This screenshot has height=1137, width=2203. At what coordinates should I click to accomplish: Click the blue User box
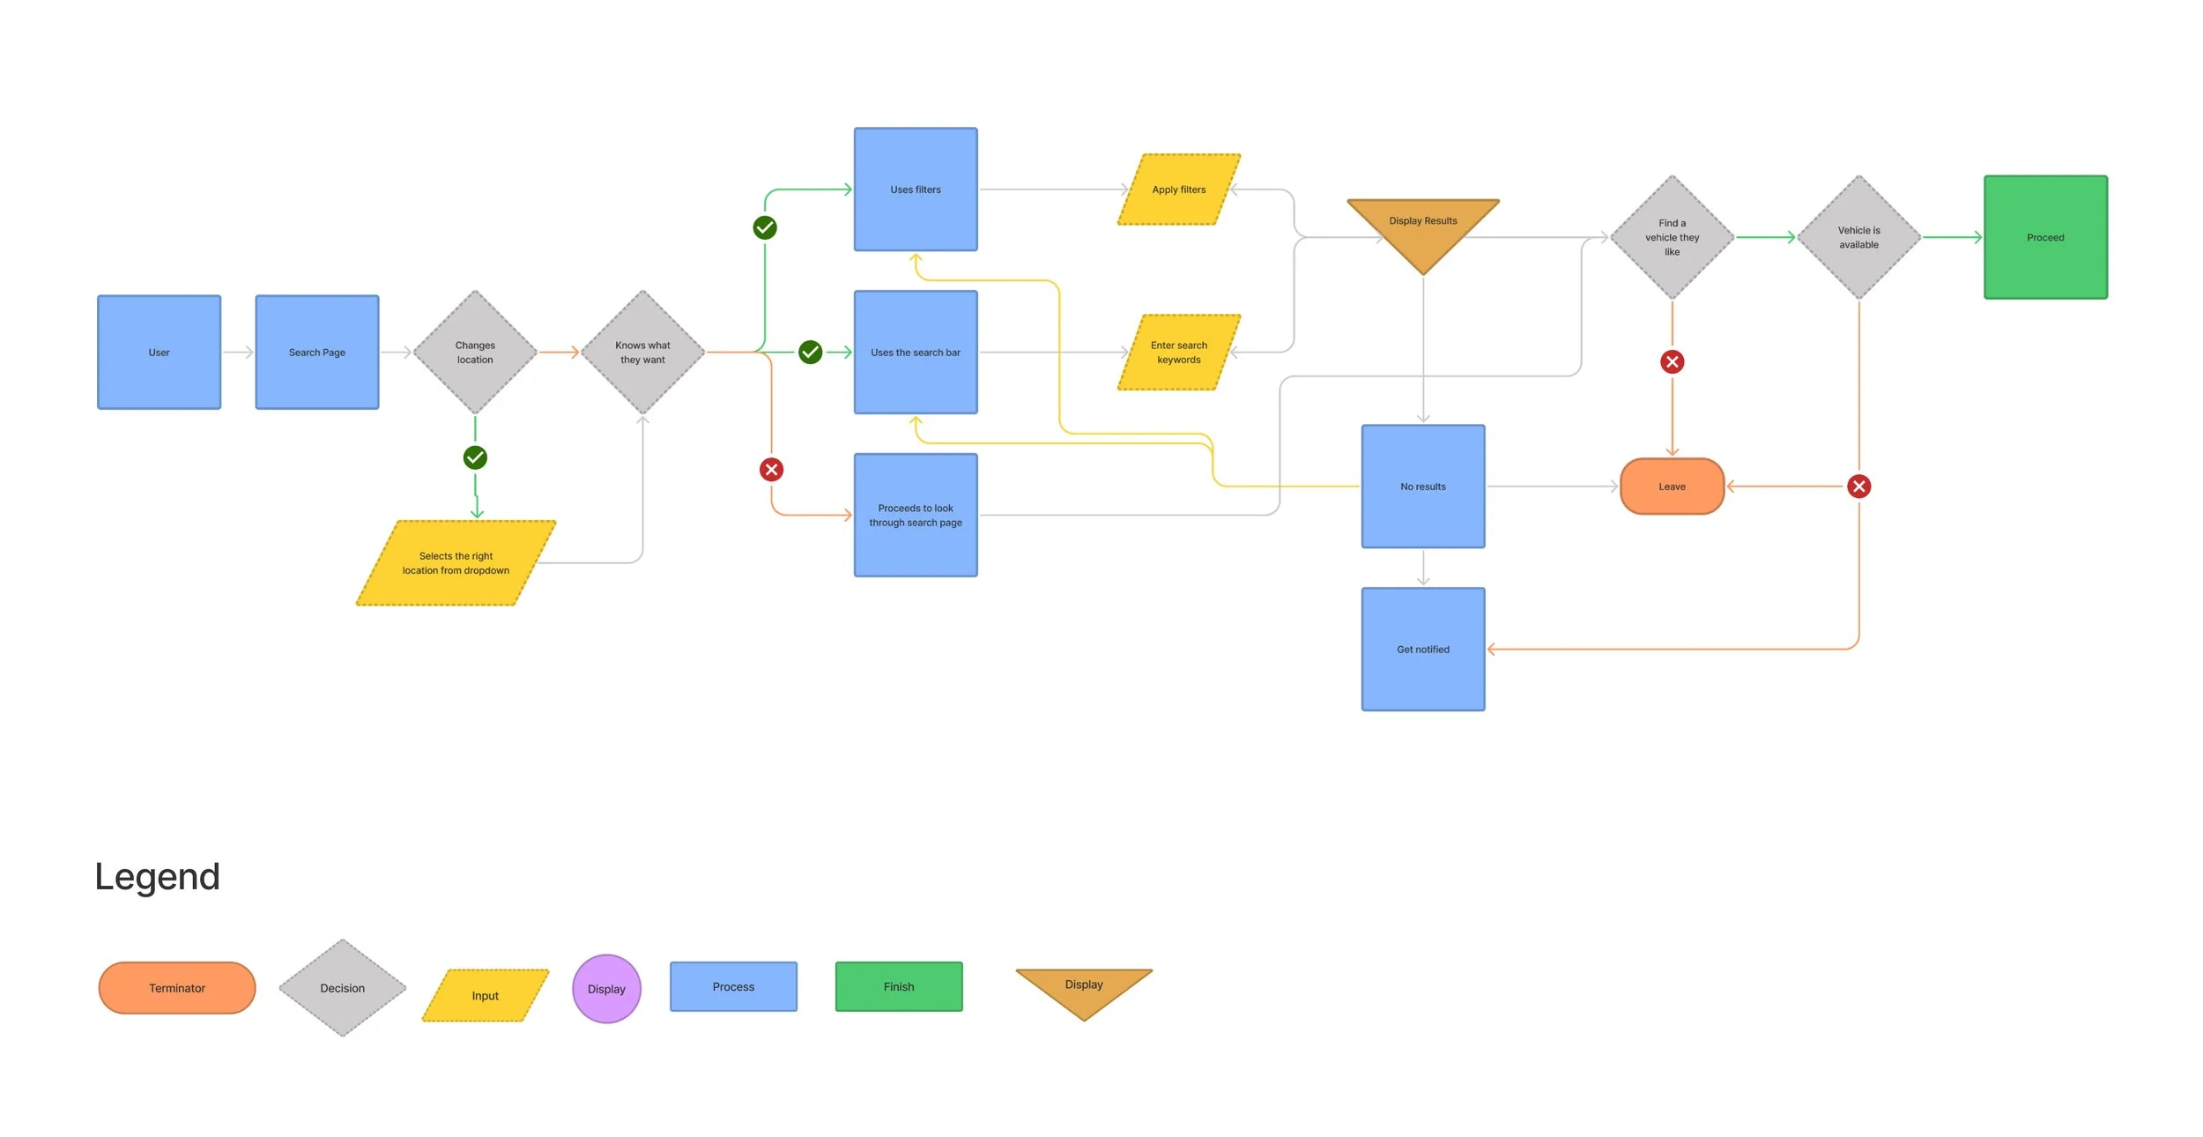pyautogui.click(x=159, y=352)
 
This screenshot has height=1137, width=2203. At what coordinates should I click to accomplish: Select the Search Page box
pyautogui.click(x=317, y=352)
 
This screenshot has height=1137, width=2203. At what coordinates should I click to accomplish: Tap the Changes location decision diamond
pyautogui.click(x=475, y=352)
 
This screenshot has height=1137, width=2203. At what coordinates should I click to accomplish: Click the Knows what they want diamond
pyautogui.click(x=642, y=352)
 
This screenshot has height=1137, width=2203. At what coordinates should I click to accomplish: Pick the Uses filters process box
pyautogui.click(x=916, y=189)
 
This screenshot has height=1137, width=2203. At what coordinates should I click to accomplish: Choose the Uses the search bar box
pyautogui.click(x=916, y=352)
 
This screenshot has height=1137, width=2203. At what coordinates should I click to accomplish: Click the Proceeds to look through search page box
pyautogui.click(x=916, y=515)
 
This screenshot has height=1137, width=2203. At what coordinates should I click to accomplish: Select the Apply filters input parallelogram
pyautogui.click(x=1179, y=189)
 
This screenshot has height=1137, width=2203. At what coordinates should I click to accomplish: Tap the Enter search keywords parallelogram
pyautogui.click(x=1179, y=352)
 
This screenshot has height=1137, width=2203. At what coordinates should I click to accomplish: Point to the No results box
pyautogui.click(x=1423, y=487)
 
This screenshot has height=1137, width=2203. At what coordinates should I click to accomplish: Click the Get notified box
pyautogui.click(x=1423, y=649)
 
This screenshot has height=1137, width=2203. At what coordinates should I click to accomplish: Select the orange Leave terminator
pyautogui.click(x=1672, y=487)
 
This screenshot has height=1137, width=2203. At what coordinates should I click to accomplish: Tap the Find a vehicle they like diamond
pyautogui.click(x=1672, y=237)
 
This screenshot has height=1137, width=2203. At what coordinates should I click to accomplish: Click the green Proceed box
pyautogui.click(x=2045, y=237)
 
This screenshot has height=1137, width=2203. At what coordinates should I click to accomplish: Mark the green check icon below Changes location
pyautogui.click(x=475, y=457)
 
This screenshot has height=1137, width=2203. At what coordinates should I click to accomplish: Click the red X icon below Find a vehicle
pyautogui.click(x=1672, y=361)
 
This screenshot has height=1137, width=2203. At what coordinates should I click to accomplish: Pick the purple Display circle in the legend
pyautogui.click(x=606, y=988)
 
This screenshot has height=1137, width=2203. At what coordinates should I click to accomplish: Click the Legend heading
pyautogui.click(x=157, y=876)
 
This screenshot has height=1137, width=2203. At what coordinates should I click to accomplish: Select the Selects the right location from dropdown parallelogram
pyautogui.click(x=456, y=563)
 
